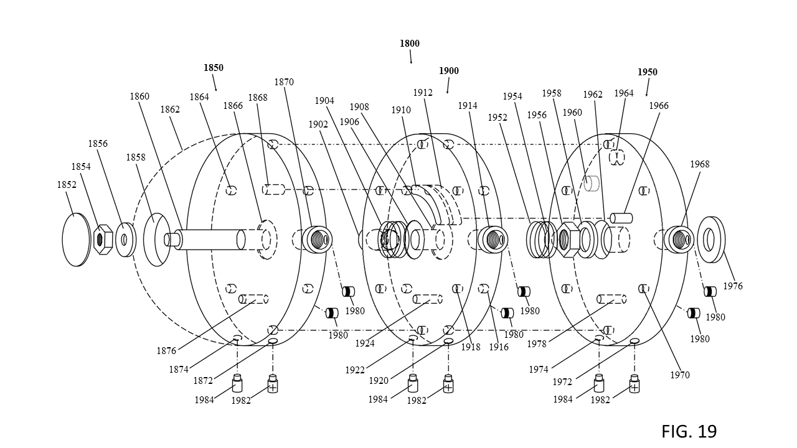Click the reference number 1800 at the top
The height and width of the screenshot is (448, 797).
(410, 44)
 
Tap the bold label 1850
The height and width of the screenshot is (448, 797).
(214, 68)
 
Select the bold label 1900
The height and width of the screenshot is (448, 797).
(449, 71)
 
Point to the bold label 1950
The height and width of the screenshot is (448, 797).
(647, 72)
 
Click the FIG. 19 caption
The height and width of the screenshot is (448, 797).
(689, 431)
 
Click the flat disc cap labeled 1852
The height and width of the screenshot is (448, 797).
(76, 240)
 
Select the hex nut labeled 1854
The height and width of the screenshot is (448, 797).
(103, 240)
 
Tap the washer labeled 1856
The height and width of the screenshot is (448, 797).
(126, 240)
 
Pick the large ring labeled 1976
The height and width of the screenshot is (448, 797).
(711, 240)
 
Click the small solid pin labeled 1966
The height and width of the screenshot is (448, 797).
(621, 218)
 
